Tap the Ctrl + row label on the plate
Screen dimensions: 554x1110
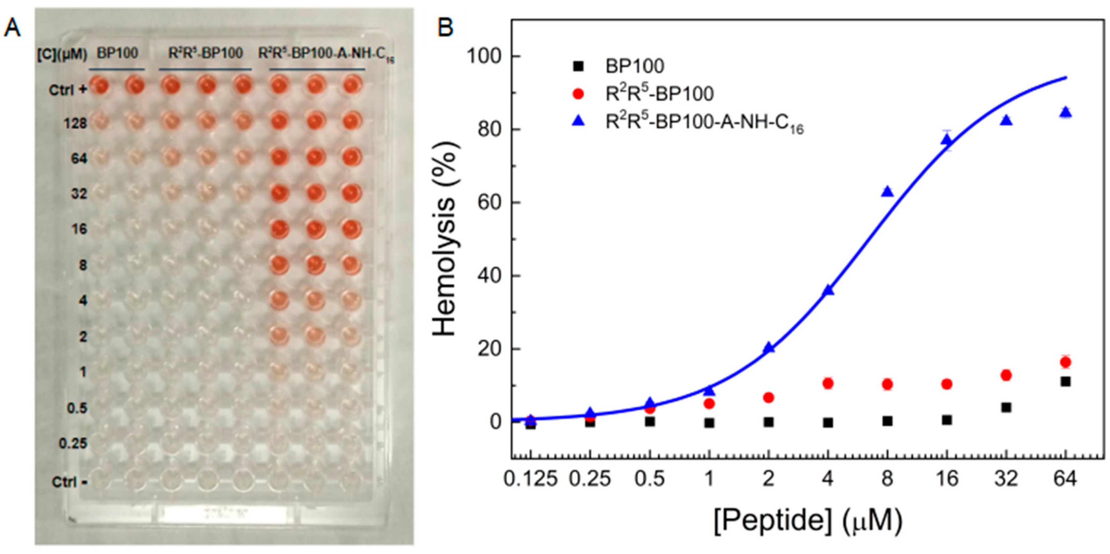point(68,90)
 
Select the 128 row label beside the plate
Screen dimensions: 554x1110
point(76,124)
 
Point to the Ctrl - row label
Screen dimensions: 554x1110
point(69,482)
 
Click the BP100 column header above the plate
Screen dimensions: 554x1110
point(117,54)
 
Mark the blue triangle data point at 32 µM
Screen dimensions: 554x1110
point(1006,121)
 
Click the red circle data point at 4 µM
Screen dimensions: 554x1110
point(828,383)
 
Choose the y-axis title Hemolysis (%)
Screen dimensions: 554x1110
point(445,239)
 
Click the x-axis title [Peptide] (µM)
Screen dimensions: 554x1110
point(807,521)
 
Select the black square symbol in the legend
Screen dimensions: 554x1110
point(579,66)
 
